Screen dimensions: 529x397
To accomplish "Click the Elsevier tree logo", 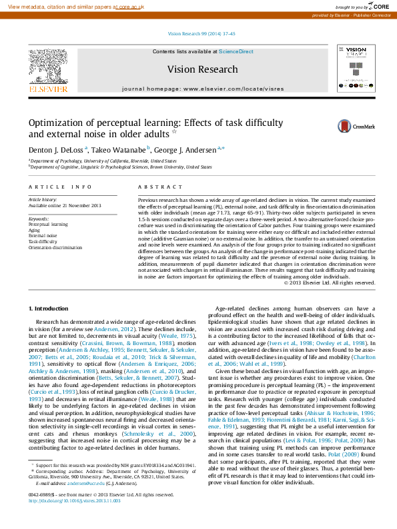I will click(47, 68).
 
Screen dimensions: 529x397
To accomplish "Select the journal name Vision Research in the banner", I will click(202, 69).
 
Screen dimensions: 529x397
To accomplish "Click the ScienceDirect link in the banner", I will click(236, 51).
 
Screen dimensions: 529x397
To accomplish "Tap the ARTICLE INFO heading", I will click(60, 187).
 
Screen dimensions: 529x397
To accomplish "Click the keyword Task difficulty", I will click(43, 241).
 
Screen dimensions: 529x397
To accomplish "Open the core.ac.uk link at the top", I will click(134, 6).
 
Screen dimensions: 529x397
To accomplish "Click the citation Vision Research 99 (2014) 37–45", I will click(198, 33).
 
